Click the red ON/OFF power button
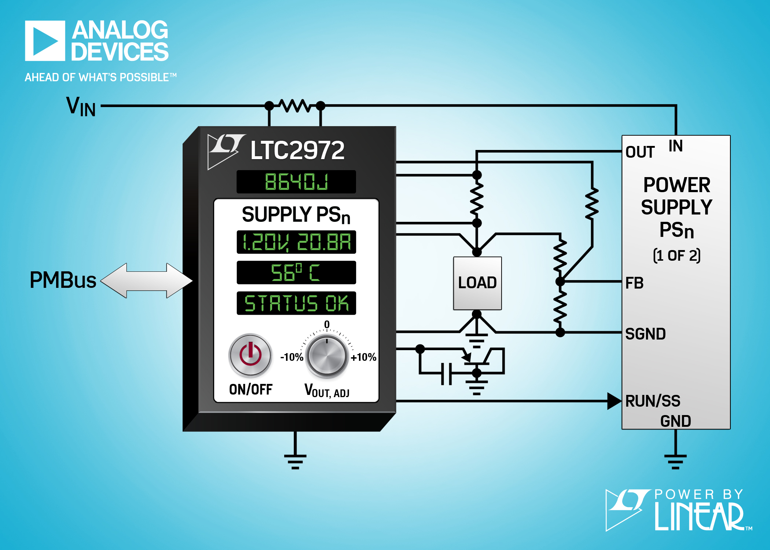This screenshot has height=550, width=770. (250, 355)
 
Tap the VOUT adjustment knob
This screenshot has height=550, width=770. (327, 356)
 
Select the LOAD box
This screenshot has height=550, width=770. (477, 283)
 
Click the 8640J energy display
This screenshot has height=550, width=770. (296, 181)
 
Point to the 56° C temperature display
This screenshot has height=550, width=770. (296, 272)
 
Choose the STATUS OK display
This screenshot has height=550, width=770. (296, 303)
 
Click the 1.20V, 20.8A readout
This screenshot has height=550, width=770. (296, 242)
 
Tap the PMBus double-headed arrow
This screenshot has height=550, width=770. (146, 280)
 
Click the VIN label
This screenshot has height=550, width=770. (81, 106)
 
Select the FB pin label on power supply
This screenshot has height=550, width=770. (634, 283)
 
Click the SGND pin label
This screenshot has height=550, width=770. (645, 334)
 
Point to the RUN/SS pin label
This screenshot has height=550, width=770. (653, 401)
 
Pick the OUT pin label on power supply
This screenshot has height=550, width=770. (640, 152)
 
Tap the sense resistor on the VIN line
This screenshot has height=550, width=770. (295, 106)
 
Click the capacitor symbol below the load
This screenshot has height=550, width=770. (446, 374)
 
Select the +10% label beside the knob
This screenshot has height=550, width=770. (363, 357)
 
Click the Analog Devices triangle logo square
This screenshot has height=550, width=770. (45, 41)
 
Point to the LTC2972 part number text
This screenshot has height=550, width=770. (297, 150)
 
